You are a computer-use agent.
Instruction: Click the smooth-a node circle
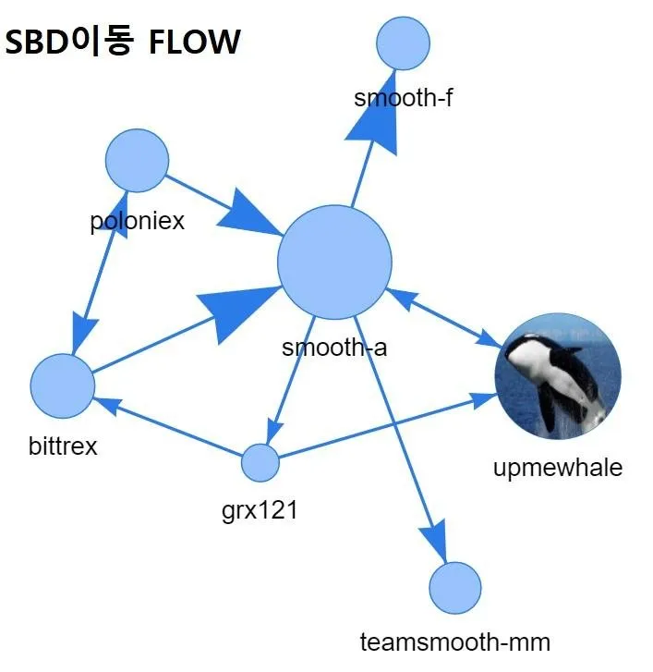(334, 263)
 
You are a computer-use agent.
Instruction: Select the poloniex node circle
(137, 161)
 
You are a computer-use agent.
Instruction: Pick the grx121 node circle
(260, 462)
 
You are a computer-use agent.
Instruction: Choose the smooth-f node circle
(404, 43)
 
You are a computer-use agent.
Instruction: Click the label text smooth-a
(334, 348)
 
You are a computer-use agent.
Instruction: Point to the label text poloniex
(137, 221)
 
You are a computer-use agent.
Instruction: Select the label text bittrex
(63, 446)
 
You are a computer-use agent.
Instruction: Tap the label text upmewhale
(558, 467)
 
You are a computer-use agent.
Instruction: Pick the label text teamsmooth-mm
(455, 642)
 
